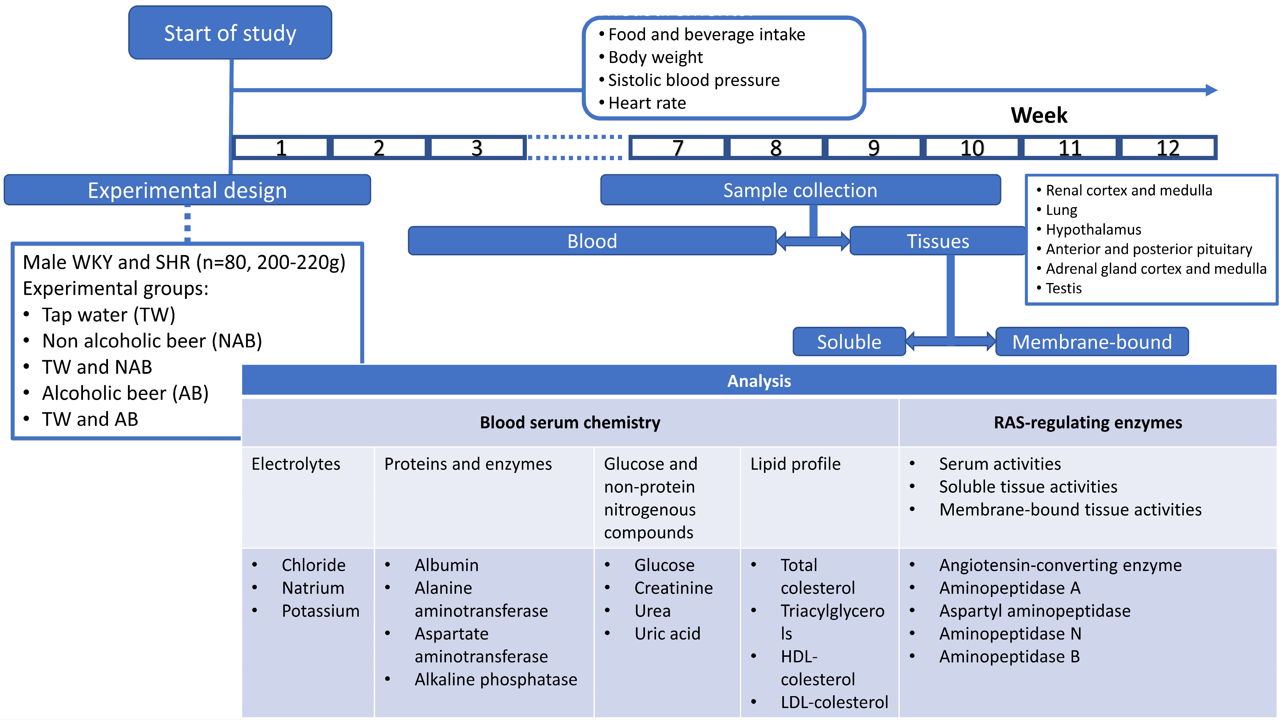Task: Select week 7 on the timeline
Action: (x=677, y=148)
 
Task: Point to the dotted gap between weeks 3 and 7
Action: (x=574, y=147)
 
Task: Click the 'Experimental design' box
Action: (x=187, y=190)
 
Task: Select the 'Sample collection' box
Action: (x=800, y=190)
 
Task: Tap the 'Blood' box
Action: (x=592, y=241)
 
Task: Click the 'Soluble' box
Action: (x=849, y=342)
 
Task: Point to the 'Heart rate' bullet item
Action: (x=647, y=103)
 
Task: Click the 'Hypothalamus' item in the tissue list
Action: (x=1093, y=229)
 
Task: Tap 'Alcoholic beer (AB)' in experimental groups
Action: (x=125, y=393)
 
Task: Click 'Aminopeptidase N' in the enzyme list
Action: (x=1010, y=634)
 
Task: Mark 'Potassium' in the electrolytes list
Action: (x=320, y=611)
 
